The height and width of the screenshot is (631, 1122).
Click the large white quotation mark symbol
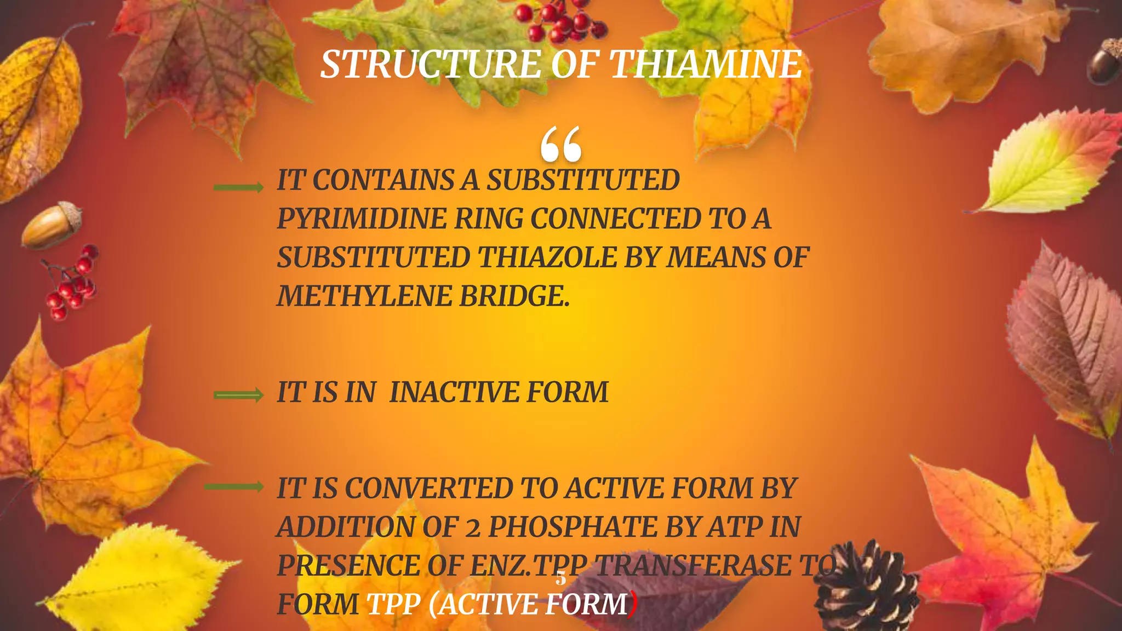[x=560, y=145]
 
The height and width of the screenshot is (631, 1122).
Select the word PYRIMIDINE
[x=362, y=219]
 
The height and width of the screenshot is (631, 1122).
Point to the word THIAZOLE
[x=548, y=257]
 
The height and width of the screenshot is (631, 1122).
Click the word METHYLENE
[x=364, y=296]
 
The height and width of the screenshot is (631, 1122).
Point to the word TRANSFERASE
[x=693, y=566]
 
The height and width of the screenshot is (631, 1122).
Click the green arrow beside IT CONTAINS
[x=238, y=188]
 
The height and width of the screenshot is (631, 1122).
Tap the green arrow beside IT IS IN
[x=238, y=395]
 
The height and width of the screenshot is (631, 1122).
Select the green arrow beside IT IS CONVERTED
[x=234, y=486]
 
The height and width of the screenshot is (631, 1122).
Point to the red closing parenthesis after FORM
[x=633, y=604]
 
